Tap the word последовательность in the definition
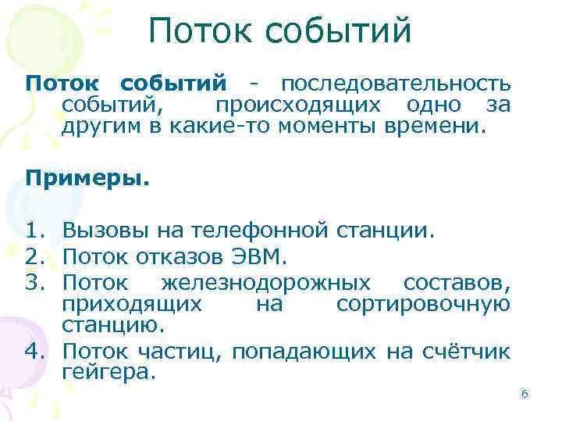396,84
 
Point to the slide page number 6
525,395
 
